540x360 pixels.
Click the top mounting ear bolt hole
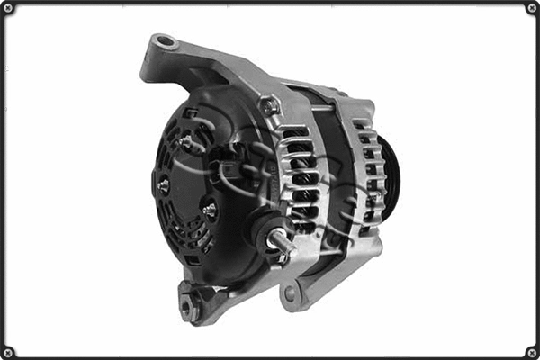point(163,41)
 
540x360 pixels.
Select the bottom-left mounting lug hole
point(189,307)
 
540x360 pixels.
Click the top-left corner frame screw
point(8,8)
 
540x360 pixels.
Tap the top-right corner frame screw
point(532,8)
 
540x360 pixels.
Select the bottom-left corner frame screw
point(8,352)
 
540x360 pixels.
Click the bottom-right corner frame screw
point(532,352)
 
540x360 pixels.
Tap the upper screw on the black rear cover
point(186,141)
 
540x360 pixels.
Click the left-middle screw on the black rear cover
point(164,185)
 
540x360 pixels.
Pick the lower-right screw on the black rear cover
point(209,209)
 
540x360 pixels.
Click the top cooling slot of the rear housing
point(295,135)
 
